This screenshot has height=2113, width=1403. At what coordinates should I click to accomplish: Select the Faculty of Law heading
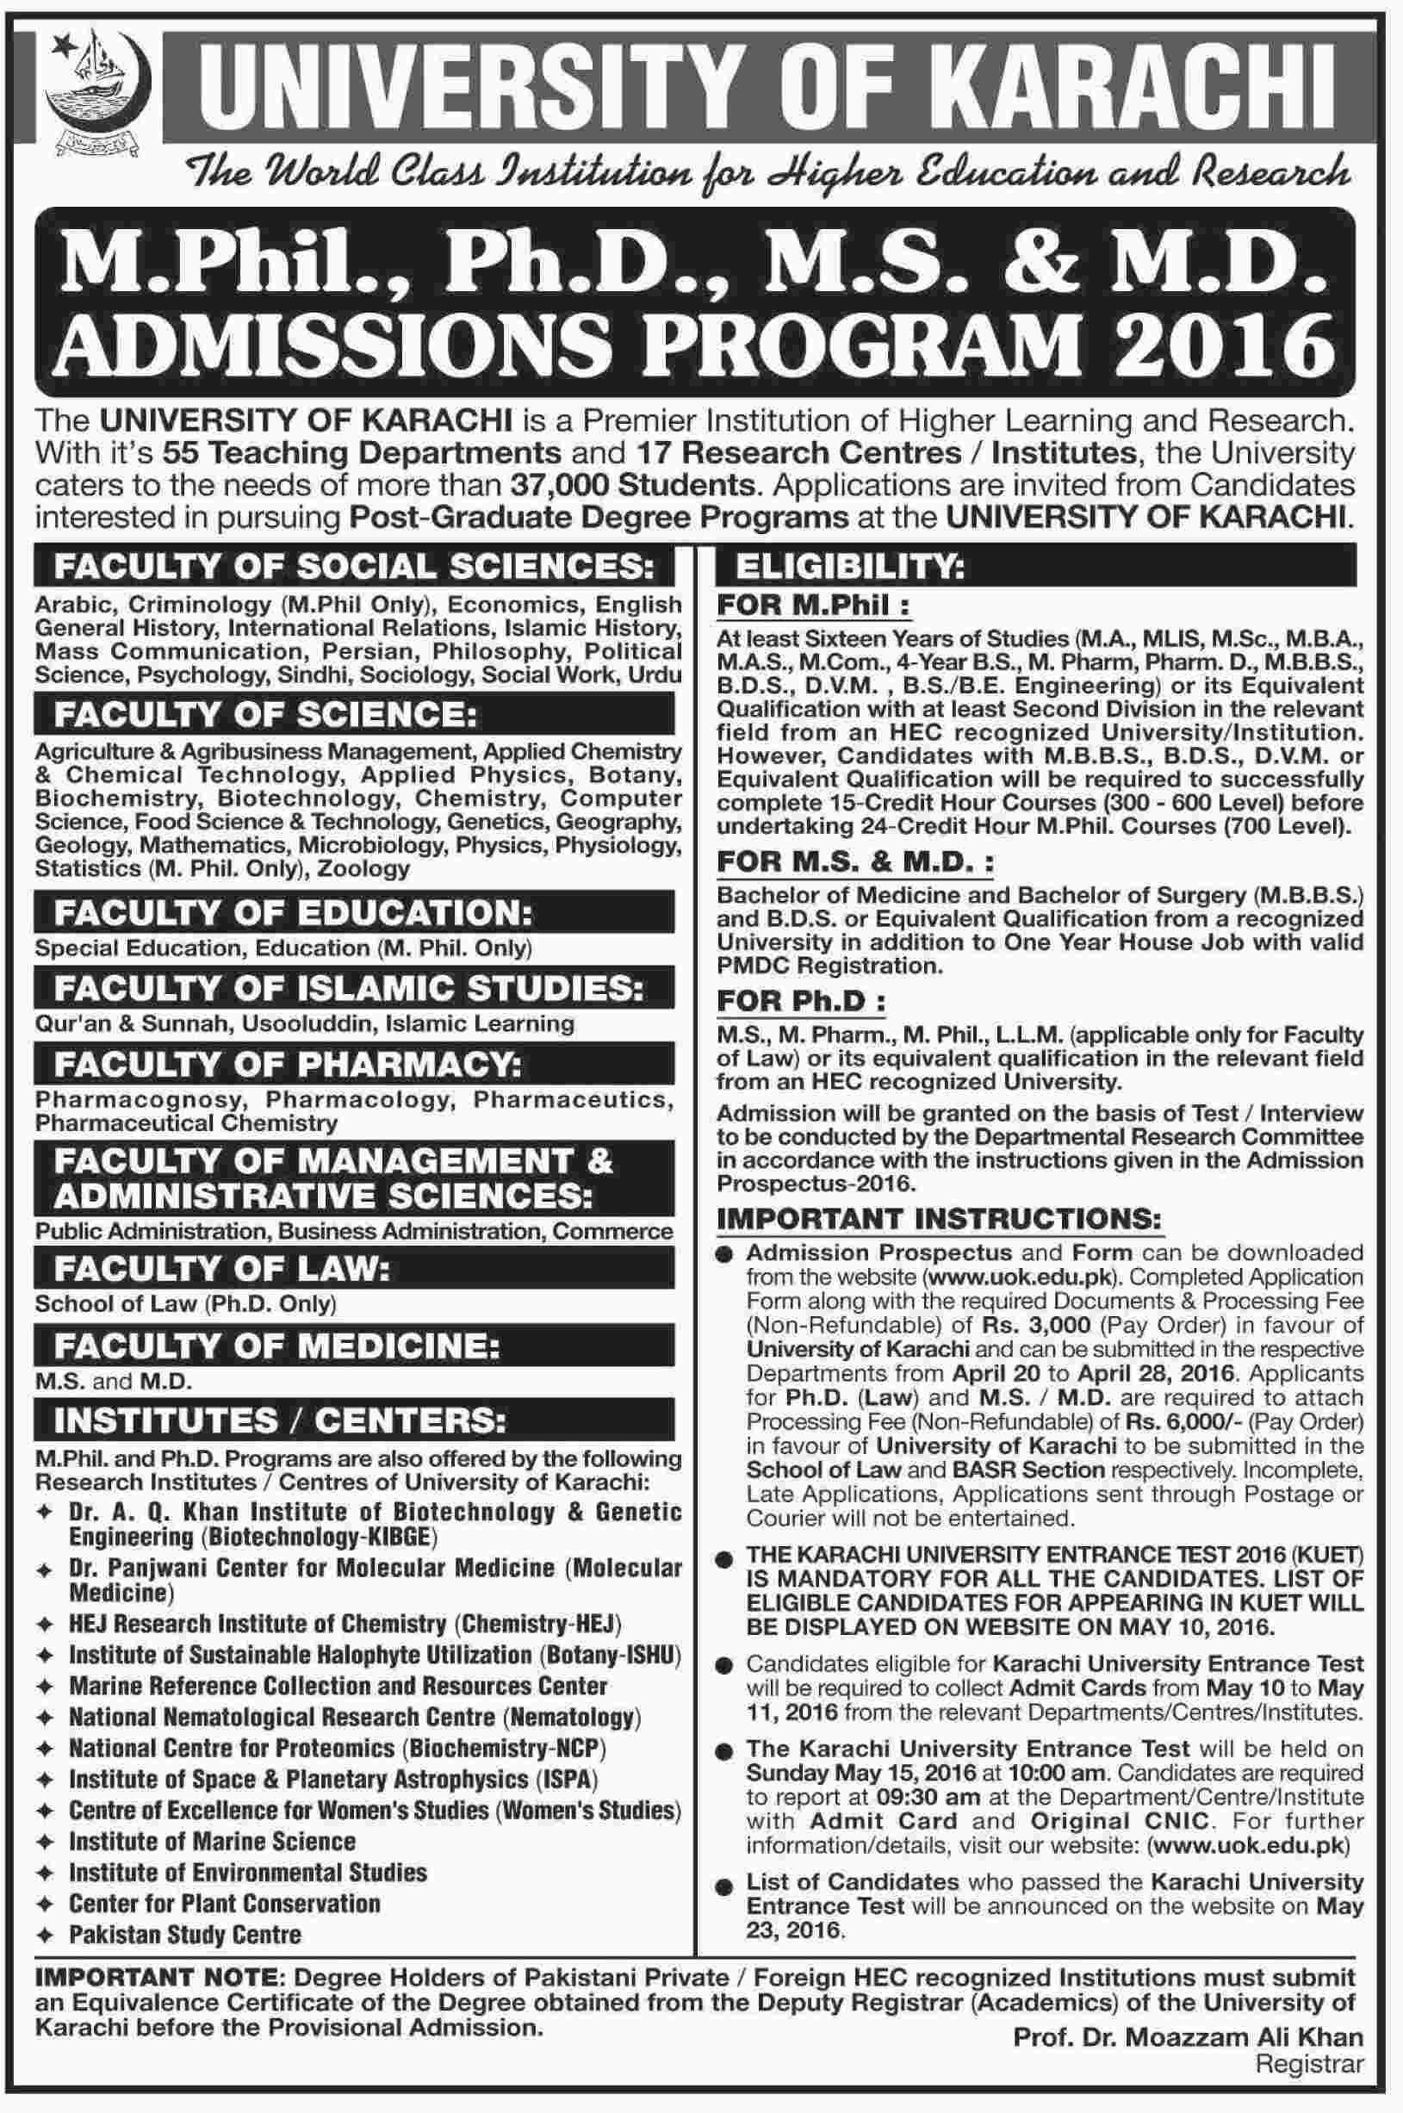tap(222, 1269)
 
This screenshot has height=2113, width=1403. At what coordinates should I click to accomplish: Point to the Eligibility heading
tap(849, 567)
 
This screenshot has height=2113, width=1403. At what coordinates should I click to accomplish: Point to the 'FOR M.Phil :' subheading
tap(811, 605)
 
